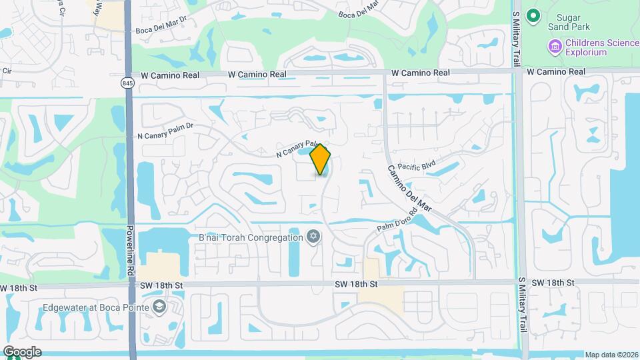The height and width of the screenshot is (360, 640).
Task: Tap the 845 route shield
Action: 127,83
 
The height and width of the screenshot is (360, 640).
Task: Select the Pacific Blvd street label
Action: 416,166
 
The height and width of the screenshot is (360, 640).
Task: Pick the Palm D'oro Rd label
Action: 395,223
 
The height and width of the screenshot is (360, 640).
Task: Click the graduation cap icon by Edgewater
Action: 159,307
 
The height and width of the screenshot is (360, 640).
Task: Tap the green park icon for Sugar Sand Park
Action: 533,15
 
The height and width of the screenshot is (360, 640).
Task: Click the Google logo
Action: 21,352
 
